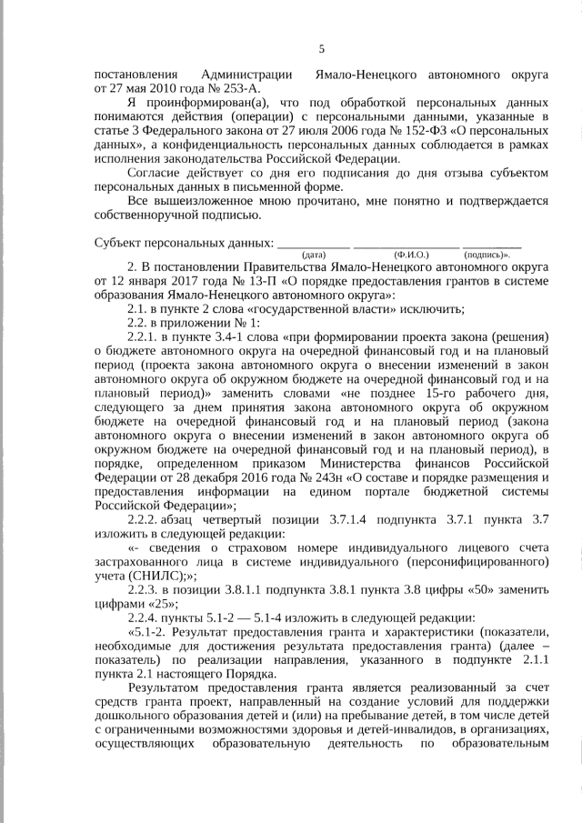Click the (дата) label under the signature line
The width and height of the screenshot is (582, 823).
click(313, 256)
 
